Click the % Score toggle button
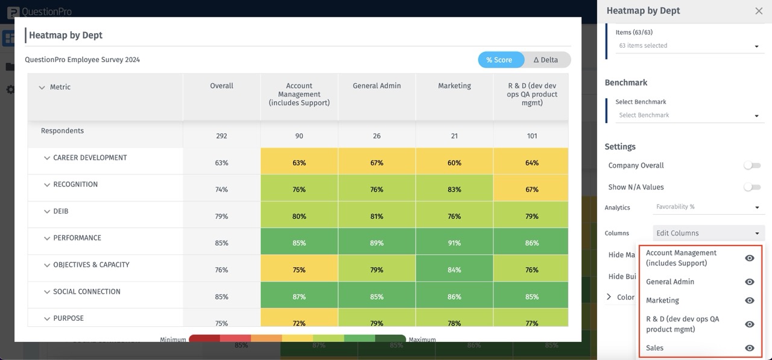pos(499,60)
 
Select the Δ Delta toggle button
pos(545,60)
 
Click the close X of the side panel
pos(759,11)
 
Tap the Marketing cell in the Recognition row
pos(454,189)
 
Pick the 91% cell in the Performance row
pos(454,243)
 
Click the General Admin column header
pos(376,86)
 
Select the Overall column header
pos(221,86)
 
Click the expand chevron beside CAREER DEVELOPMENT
pos(46,158)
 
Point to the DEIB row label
pos(60,212)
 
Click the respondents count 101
pos(531,136)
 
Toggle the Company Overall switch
pos(751,165)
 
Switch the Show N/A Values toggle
pos(751,187)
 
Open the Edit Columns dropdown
pos(708,233)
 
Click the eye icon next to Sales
pos(750,348)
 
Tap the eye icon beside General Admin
pos(750,282)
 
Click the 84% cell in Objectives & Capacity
pos(454,270)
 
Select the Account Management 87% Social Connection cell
pos(299,297)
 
